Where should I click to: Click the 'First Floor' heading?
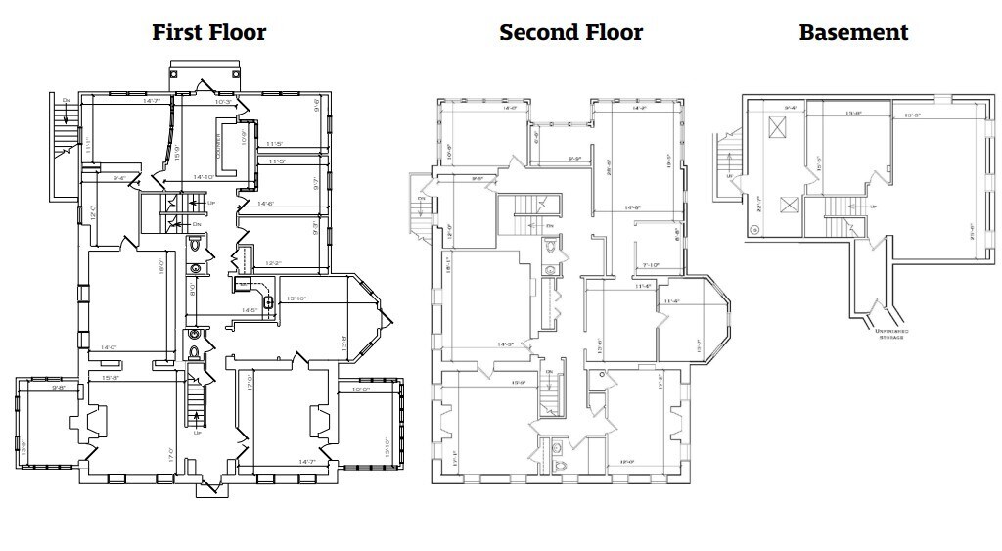[208, 32]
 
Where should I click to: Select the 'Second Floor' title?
[570, 32]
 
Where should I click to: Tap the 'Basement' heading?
[853, 32]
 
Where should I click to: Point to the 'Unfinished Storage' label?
[890, 335]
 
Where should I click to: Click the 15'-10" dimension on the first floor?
[297, 298]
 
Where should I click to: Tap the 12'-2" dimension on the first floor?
[275, 263]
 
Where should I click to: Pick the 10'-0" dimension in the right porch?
[359, 389]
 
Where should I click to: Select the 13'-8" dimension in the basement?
[853, 114]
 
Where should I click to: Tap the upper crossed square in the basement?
[778, 126]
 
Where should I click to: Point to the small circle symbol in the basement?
[754, 231]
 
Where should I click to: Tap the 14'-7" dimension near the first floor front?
[306, 461]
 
